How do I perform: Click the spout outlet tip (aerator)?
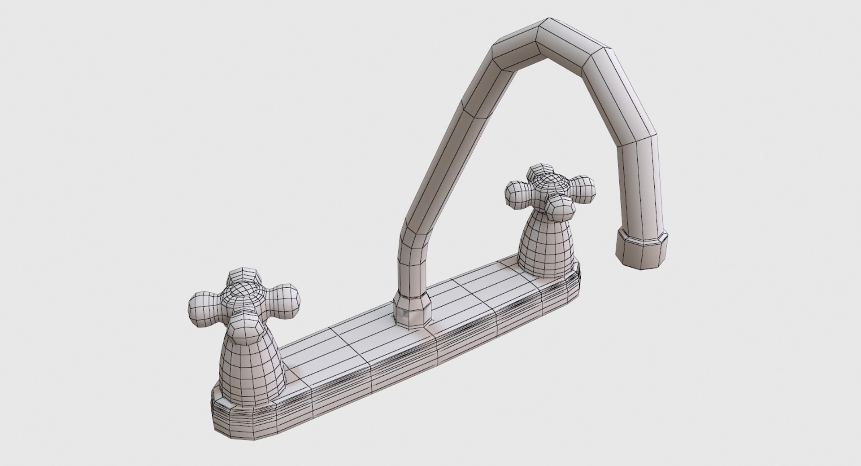point(641,248)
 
